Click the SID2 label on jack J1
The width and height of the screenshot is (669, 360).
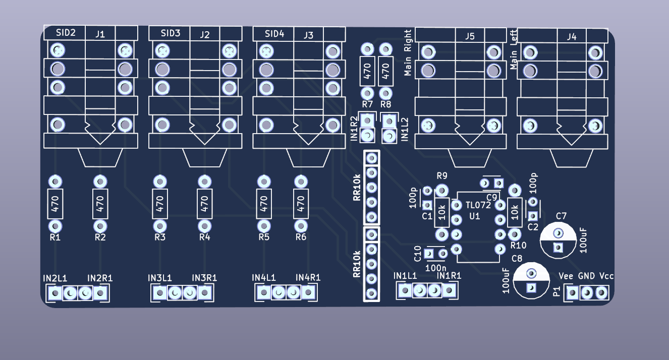[x=66, y=33]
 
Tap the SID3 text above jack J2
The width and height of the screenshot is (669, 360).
[x=171, y=33]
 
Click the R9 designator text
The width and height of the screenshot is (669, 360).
[x=442, y=176]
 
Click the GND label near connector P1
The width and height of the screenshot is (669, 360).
[x=586, y=276]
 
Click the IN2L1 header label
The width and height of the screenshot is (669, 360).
[x=55, y=278]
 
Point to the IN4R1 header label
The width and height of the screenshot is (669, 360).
[x=308, y=277]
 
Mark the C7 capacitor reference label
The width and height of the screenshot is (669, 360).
[x=561, y=216]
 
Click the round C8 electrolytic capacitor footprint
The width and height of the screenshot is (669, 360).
[x=531, y=280]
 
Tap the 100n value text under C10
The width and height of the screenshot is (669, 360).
[x=436, y=267]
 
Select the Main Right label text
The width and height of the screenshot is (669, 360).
[x=408, y=52]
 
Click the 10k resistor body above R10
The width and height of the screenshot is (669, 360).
[x=515, y=212]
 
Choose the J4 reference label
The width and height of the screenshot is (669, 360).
[x=572, y=36]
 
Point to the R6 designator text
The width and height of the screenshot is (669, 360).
[x=301, y=237]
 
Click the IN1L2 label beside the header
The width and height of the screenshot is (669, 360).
[x=404, y=129]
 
